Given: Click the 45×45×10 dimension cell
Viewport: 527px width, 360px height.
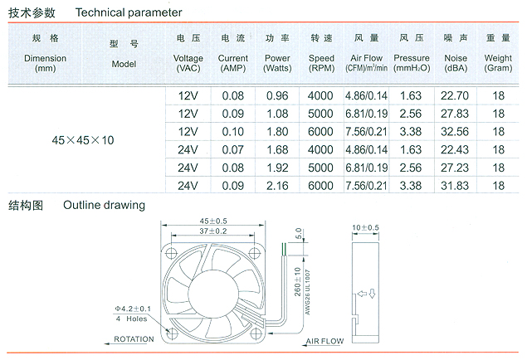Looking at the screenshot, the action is coord(83,140).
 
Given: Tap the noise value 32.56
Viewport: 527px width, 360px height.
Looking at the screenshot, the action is coord(455,132).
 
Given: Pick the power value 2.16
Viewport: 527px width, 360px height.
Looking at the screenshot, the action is coord(277,186).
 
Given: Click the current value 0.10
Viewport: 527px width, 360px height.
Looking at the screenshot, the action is coord(232,132).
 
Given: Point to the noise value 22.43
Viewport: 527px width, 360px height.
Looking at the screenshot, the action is coord(455,150).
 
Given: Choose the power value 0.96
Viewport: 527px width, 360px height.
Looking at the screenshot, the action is coord(277,95).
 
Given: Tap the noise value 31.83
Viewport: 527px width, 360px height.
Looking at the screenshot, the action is coord(455,186).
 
